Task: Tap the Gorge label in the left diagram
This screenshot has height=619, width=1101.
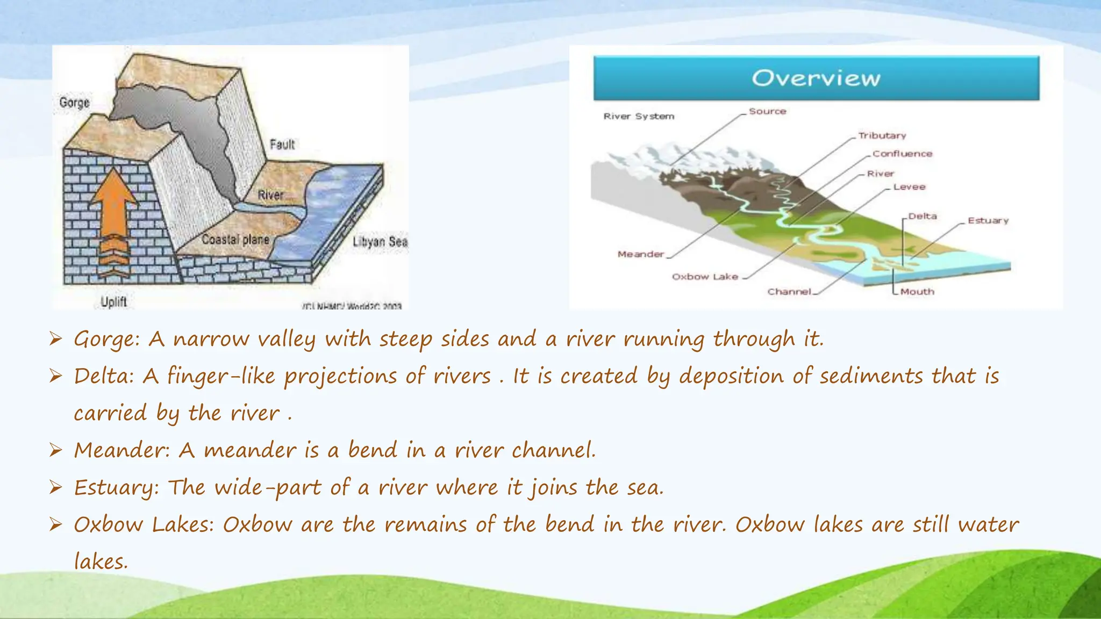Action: coord(74,103)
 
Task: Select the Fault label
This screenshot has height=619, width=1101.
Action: coord(282,145)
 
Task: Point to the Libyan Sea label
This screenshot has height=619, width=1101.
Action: coord(380,242)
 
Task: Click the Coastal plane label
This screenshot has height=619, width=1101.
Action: coord(235,240)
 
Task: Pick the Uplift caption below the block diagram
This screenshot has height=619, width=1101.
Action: coord(113,302)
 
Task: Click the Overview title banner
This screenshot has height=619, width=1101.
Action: coord(816,78)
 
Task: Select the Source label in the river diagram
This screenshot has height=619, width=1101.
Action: coord(767,111)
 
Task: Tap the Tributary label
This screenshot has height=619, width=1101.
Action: coord(882,135)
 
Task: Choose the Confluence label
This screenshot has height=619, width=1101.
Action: coord(902,154)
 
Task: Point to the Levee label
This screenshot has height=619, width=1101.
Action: coord(909,187)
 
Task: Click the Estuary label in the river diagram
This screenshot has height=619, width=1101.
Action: coord(988,220)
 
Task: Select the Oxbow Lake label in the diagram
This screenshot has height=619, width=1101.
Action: coord(705,277)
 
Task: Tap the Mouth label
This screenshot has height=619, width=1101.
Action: coord(917,292)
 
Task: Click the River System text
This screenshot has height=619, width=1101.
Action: coord(639,116)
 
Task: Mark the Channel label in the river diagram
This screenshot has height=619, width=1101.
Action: coord(789,292)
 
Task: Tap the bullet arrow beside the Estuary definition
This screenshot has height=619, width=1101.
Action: coord(56,487)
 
